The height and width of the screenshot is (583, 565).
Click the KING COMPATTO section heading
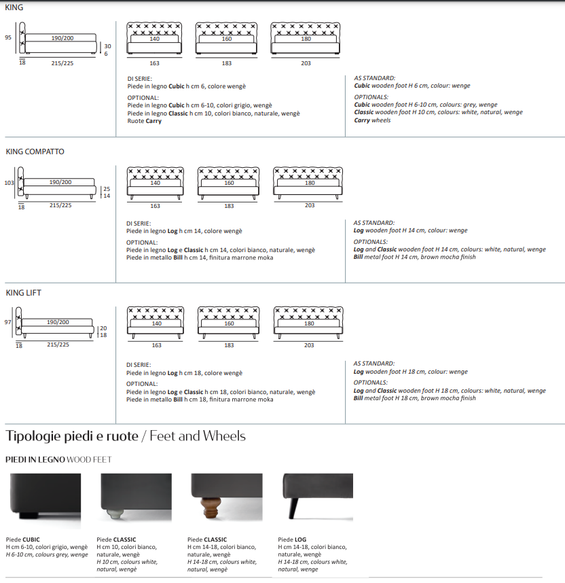(35, 152)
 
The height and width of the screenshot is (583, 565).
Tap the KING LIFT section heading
(23, 293)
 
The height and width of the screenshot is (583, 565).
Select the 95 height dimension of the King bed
(8, 37)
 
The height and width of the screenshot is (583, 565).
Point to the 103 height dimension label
(9, 183)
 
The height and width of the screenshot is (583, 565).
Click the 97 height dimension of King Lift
(7, 322)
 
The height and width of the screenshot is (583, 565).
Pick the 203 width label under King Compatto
(310, 205)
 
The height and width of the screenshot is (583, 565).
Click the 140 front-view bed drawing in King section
(154, 39)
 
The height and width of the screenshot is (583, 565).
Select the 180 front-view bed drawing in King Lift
(308, 323)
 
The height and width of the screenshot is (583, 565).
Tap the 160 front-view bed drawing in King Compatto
(229, 183)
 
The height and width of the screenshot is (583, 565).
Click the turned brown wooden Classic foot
(211, 508)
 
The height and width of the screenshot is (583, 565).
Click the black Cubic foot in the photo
(29, 516)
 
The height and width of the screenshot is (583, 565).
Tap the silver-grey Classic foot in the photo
(115, 514)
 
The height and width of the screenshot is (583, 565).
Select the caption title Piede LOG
(292, 540)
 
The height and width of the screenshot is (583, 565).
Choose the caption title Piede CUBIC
(22, 540)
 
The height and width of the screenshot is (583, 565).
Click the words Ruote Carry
(144, 121)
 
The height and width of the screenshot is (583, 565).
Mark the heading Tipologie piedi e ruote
(72, 436)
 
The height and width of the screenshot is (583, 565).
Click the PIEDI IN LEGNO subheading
(35, 459)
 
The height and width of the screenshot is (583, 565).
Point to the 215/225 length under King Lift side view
(58, 344)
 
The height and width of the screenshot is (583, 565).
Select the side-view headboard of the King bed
(22, 37)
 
